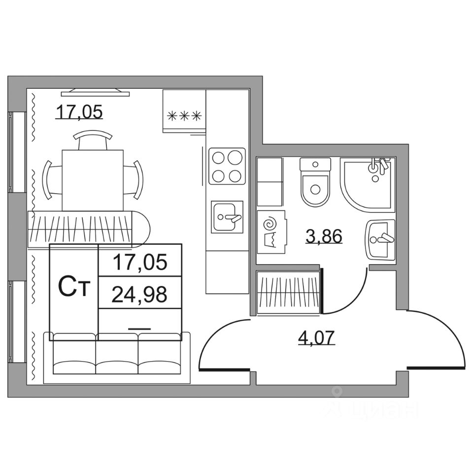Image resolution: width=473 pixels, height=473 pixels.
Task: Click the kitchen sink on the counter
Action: click(227, 216)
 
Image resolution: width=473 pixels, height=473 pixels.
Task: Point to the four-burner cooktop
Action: click(227, 166)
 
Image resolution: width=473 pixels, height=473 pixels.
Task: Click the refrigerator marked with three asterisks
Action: click(184, 111)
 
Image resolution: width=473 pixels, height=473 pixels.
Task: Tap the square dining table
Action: click(92, 179)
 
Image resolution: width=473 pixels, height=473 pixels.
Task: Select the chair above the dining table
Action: click(92, 138)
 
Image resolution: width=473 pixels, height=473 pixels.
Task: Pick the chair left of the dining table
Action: click(51, 179)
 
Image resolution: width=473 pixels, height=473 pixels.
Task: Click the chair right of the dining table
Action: click(134, 179)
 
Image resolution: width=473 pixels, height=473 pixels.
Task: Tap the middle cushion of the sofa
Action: click(117, 355)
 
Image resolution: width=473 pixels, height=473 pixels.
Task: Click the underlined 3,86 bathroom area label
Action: click(323, 236)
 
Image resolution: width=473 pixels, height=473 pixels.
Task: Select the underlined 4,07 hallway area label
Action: click(317, 338)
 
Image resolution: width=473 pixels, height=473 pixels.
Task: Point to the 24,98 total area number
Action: click(140, 294)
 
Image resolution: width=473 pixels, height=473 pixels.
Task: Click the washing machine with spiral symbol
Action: click(270, 232)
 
